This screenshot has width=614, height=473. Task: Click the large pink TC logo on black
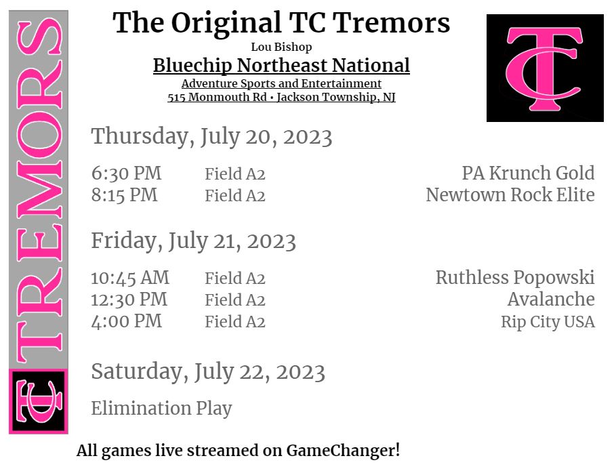(545, 68)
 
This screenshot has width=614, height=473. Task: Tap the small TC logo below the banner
(38, 401)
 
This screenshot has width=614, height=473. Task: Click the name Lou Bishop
(281, 47)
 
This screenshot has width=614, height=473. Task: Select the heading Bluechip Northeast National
(281, 66)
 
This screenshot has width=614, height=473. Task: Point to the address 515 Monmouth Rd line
(281, 98)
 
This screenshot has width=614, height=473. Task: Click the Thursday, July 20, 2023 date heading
(211, 137)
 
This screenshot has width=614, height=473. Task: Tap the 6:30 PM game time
(127, 173)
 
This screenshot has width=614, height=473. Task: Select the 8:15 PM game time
(125, 195)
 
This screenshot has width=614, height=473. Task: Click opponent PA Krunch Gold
(528, 173)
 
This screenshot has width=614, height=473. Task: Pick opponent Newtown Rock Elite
(510, 195)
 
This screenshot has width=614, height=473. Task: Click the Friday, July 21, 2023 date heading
(193, 241)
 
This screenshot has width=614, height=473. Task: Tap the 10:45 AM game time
(130, 278)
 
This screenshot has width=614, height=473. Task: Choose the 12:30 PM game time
(129, 300)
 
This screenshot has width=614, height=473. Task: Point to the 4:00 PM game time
(127, 321)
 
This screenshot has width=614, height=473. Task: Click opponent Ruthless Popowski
(514, 278)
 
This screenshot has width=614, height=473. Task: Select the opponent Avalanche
(550, 300)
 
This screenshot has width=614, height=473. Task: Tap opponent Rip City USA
(548, 322)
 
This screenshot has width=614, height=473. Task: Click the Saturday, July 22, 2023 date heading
(208, 372)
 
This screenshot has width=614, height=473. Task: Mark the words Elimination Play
(161, 409)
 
